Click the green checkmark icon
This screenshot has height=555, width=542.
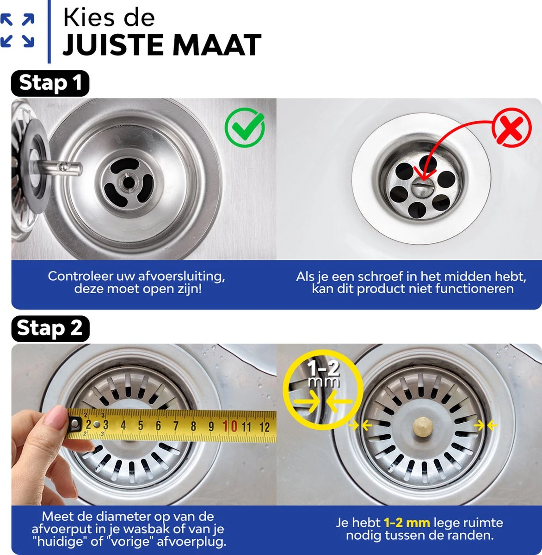click(x=245, y=128)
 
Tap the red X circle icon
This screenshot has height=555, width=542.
click(x=511, y=127)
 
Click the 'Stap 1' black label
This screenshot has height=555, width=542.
click(x=50, y=83)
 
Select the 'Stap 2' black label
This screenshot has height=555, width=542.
click(x=50, y=328)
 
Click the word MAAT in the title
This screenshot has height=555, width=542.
click(x=217, y=45)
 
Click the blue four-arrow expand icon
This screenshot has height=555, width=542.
click(x=17, y=30)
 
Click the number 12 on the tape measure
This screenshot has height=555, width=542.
click(x=265, y=427)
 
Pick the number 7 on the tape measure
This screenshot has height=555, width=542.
click(x=176, y=426)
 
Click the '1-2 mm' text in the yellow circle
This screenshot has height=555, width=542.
click(x=323, y=374)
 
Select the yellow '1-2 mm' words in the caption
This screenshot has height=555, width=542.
click(x=407, y=523)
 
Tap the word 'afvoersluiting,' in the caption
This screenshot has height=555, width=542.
click(x=182, y=277)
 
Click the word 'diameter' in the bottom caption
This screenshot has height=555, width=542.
click(x=124, y=517)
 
